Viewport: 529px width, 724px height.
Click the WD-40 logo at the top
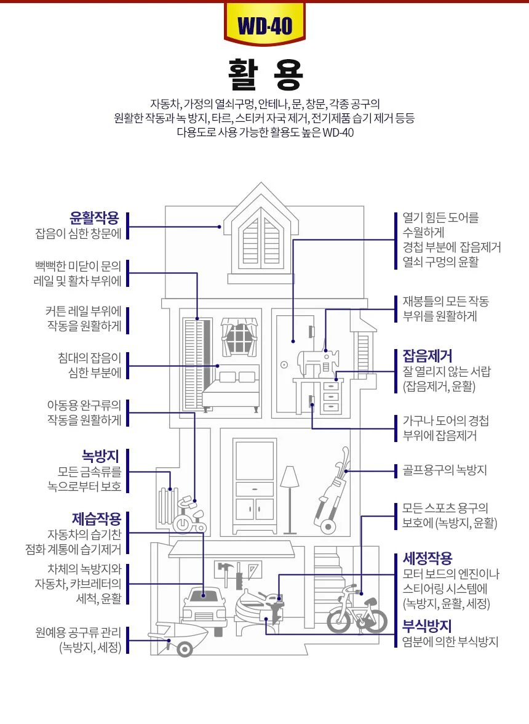[264, 24]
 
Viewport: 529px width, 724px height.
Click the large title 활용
[266, 75]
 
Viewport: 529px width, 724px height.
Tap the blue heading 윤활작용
[94, 217]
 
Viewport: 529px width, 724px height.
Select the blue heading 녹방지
[100, 456]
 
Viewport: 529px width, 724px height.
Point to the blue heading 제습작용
[97, 518]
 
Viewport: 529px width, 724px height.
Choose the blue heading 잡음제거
[428, 356]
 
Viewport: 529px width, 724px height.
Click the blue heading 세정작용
[428, 558]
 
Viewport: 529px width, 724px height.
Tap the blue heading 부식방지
[427, 626]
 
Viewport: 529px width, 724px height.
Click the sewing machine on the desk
[317, 364]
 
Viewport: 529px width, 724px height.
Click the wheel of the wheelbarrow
[185, 650]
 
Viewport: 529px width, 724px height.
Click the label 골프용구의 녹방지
[445, 470]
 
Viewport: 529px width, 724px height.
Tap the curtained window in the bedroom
[239, 337]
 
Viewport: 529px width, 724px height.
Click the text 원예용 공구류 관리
[78, 632]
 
